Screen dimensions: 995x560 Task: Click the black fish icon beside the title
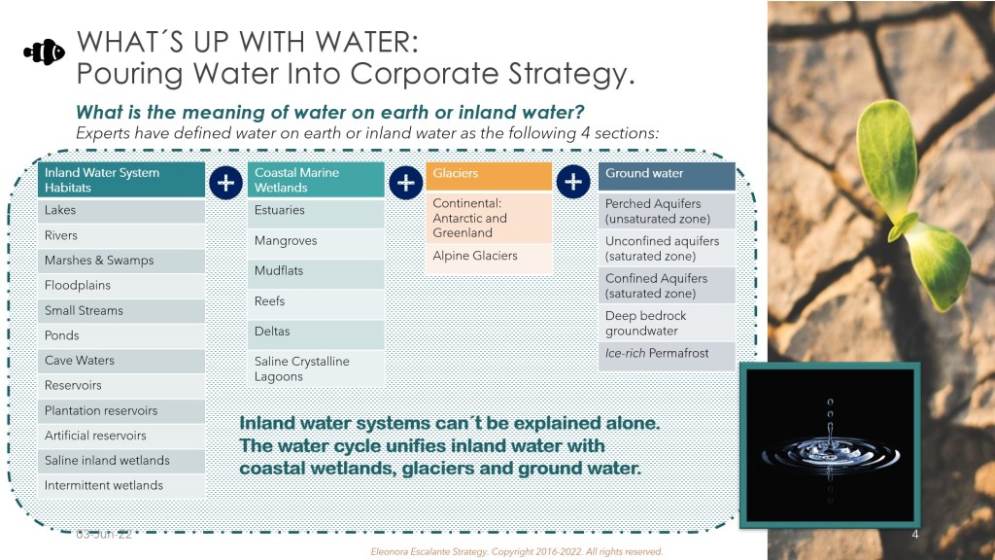tap(45, 52)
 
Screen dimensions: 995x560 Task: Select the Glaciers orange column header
tap(489, 176)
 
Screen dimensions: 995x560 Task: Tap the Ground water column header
tap(667, 176)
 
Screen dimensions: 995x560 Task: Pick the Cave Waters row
tap(121, 361)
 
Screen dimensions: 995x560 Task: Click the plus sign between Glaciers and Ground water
tap(573, 182)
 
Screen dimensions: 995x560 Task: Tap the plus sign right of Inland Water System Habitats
tap(225, 183)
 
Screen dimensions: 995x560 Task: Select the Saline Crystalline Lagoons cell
tap(316, 368)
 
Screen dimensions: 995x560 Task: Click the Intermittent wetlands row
tap(121, 486)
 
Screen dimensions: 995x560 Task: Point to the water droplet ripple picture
tap(830, 445)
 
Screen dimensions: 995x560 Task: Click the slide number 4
tap(915, 535)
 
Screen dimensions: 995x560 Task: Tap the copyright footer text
tap(517, 552)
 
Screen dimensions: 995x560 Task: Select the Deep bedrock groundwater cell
tap(667, 323)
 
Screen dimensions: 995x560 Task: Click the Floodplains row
tap(121, 286)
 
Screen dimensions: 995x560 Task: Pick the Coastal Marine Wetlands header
tap(316, 180)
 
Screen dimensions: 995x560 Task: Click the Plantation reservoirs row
tap(121, 411)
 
